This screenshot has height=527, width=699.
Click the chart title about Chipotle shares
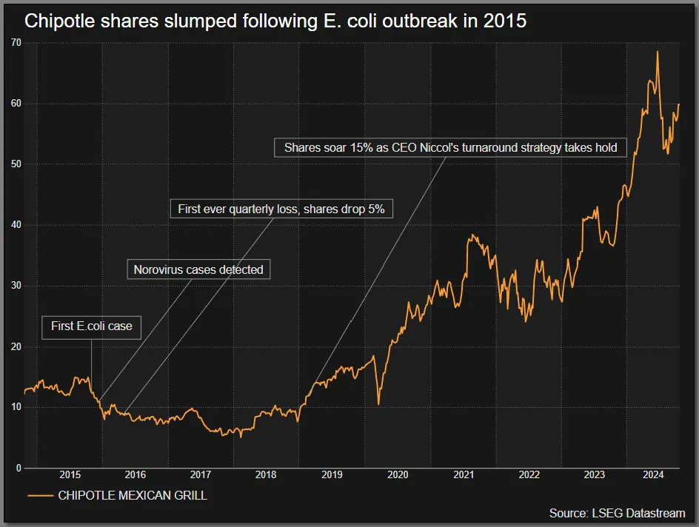275,21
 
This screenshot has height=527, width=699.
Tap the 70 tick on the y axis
16,43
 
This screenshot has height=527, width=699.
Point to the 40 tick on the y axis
16,225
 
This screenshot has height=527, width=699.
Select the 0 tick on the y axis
19,469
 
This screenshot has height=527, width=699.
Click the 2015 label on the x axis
70,474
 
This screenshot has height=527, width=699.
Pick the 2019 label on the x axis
332,474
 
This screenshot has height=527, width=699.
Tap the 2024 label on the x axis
653,474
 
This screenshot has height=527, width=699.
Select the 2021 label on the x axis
464,474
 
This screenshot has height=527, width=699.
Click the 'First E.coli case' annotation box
91,326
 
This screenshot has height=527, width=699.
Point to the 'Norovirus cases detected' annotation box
198,269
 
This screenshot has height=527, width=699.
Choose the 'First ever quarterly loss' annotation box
281,209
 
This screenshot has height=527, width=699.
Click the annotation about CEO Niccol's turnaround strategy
450,147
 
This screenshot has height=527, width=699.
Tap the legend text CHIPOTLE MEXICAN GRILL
133,496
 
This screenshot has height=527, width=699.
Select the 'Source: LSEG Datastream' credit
617,513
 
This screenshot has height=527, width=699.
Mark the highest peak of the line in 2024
657,52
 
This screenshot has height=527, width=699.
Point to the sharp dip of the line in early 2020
378,403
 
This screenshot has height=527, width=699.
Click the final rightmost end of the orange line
679,104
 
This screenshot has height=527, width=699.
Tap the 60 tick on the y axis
16,104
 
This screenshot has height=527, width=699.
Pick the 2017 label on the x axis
201,474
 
